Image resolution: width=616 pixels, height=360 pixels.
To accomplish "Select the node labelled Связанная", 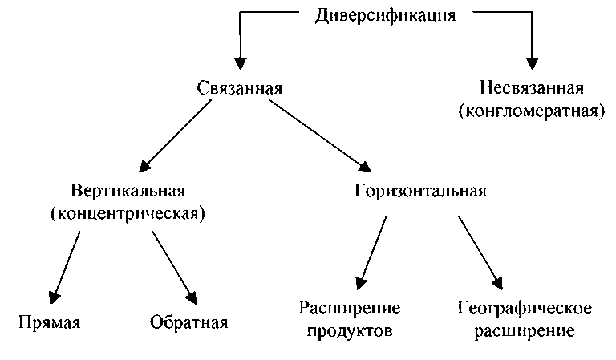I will pyautogui.click(x=239, y=87).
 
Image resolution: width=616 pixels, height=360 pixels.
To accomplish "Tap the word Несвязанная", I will pyautogui.click(x=532, y=87).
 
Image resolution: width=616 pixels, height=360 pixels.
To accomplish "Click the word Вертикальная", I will pyautogui.click(x=129, y=192).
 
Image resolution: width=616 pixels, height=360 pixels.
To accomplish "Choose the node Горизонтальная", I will pyautogui.click(x=420, y=192).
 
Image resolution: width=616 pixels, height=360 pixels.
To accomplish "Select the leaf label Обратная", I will pyautogui.click(x=188, y=323).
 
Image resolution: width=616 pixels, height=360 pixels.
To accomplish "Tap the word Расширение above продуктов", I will pyautogui.click(x=350, y=309).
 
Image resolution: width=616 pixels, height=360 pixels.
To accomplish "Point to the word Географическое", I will pyautogui.click(x=525, y=309).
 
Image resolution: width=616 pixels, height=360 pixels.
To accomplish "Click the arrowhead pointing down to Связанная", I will pyautogui.click(x=239, y=63).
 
